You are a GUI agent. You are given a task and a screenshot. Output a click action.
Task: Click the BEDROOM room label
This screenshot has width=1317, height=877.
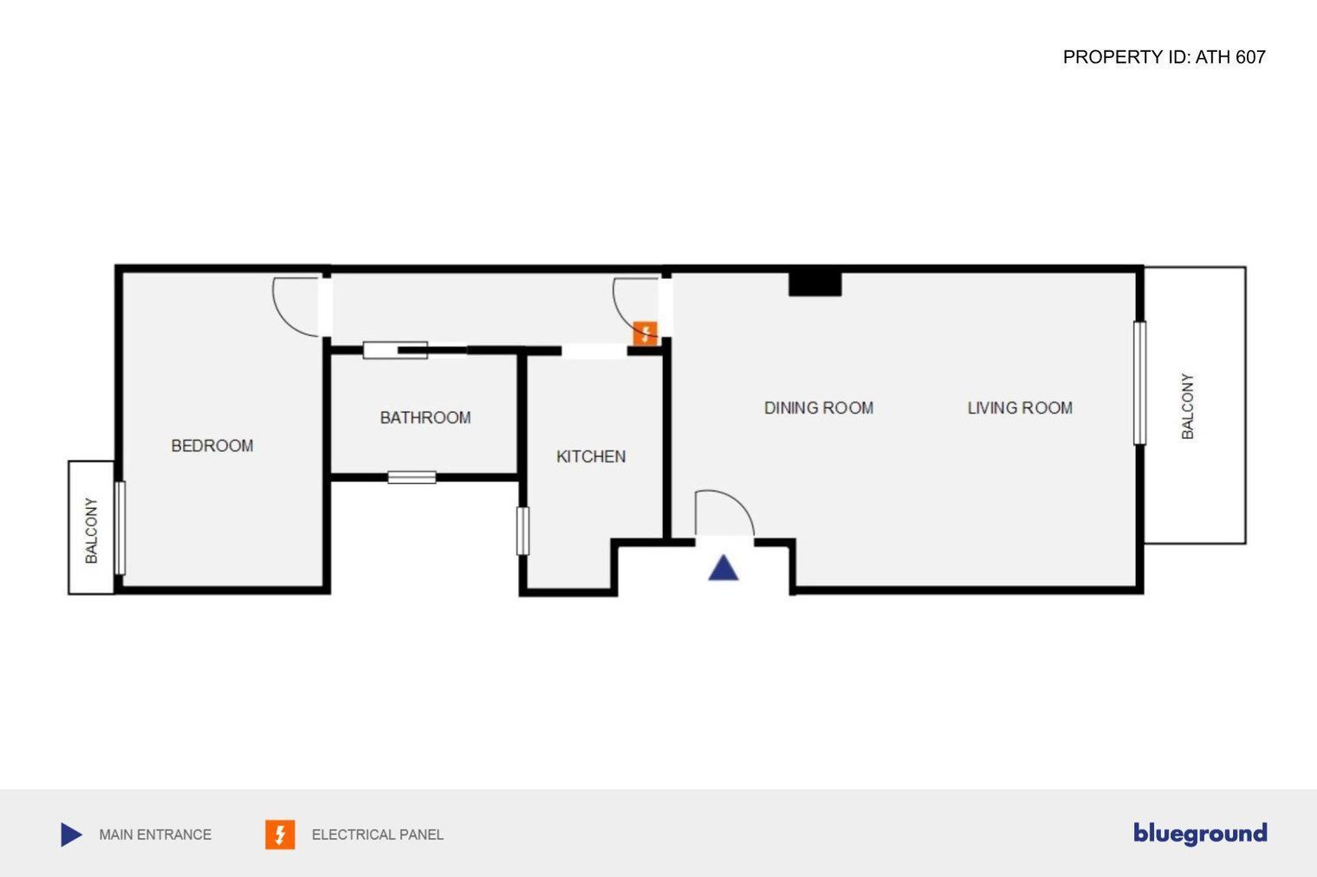(212, 446)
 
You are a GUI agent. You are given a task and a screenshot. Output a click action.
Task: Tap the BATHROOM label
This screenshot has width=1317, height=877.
(425, 417)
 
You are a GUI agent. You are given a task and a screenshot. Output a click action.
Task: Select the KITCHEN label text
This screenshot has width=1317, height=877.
(591, 456)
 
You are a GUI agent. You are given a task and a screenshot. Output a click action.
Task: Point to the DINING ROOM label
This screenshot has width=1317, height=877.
(819, 408)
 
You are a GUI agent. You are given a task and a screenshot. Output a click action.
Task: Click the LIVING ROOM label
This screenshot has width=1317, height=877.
(1020, 408)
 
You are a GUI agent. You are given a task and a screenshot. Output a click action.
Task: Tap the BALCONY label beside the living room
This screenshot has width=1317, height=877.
(1188, 406)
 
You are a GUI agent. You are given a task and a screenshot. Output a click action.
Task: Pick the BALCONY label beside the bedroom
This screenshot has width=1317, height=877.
(91, 531)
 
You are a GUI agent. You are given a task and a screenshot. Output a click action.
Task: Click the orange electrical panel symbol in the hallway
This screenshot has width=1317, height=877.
(645, 334)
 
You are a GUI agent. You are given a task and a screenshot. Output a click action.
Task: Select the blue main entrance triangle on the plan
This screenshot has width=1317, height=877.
(723, 567)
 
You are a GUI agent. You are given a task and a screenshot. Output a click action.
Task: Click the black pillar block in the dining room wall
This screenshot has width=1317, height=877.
(814, 284)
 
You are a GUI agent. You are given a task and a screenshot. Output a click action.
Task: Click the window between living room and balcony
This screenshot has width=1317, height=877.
(1139, 383)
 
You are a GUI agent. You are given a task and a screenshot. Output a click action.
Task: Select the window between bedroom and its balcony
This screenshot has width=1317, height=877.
(120, 528)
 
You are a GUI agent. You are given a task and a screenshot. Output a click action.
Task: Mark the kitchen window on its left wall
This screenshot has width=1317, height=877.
(522, 531)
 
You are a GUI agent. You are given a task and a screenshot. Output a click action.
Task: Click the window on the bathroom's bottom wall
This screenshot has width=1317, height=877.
(412, 478)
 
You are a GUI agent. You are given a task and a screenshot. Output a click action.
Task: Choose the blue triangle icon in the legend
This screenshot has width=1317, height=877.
(71, 835)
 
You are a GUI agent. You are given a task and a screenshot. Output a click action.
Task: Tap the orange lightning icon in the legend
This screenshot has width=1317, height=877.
(280, 835)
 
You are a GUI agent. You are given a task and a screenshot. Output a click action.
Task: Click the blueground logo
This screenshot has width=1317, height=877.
(1200, 834)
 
